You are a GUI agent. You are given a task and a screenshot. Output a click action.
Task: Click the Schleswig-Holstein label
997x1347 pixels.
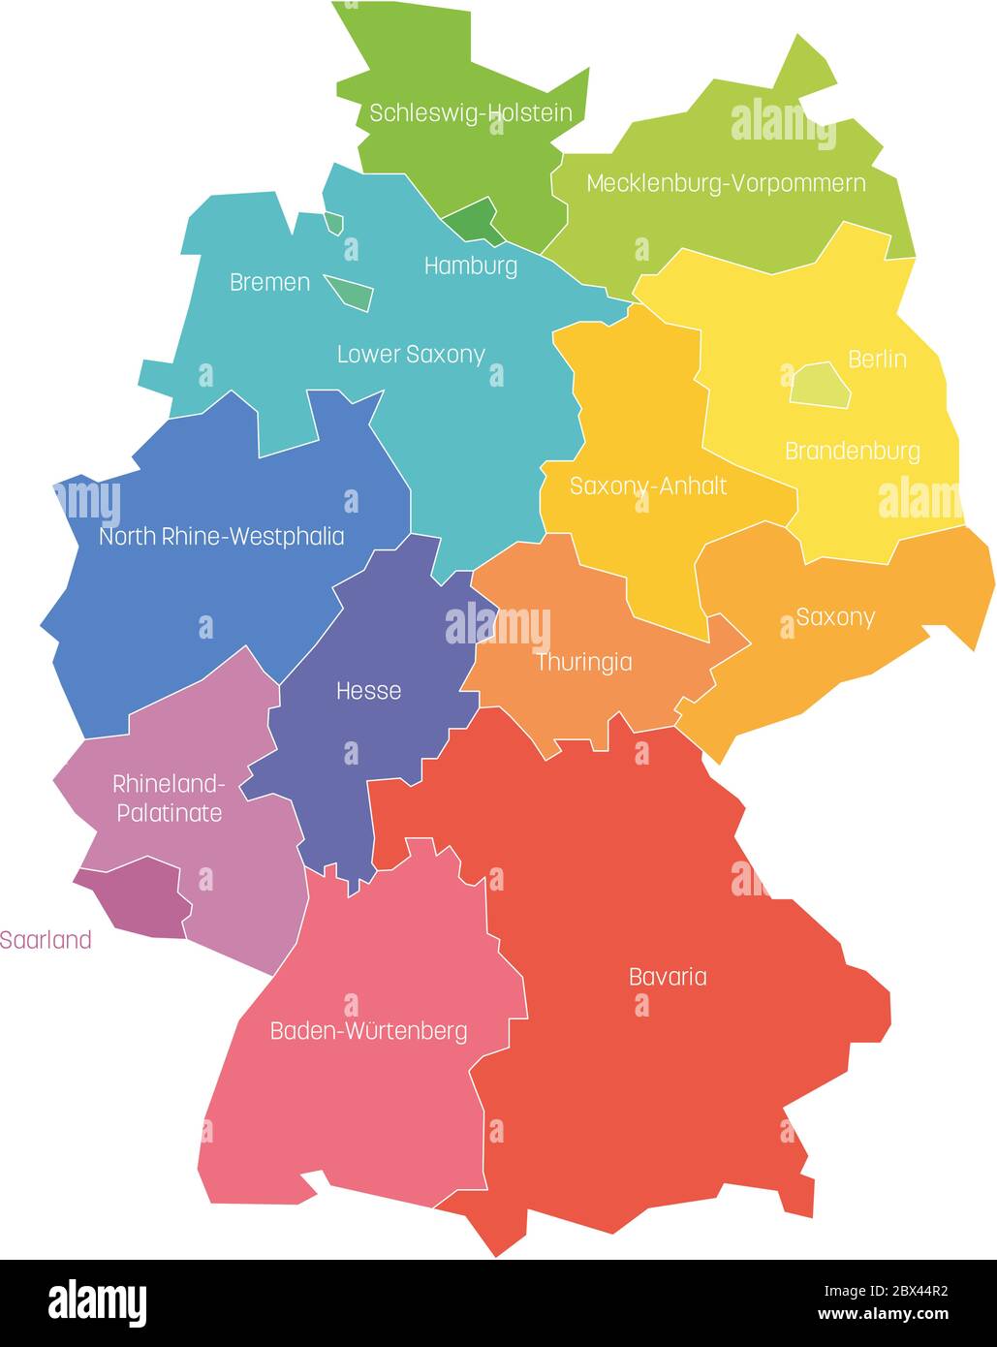coord(470,113)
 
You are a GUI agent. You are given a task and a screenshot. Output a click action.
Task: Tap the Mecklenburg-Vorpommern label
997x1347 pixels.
coord(726,183)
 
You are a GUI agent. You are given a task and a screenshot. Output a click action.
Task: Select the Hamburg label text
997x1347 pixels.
coord(471,266)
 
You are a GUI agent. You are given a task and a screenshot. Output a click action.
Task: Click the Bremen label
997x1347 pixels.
coord(269,282)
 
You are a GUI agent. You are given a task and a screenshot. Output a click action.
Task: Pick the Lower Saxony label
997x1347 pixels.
coord(411,355)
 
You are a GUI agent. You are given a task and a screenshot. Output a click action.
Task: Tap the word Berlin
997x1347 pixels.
coord(877,360)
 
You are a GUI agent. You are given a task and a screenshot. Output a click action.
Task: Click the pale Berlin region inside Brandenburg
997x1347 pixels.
coord(820,385)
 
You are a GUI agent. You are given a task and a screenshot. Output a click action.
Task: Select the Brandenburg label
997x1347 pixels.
coord(852,451)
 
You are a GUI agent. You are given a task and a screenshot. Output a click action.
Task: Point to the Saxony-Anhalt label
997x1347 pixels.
coord(647,486)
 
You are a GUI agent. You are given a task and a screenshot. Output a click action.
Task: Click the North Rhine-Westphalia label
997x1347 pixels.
coord(221,536)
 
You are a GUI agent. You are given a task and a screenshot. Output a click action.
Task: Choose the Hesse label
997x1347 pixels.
coord(368,691)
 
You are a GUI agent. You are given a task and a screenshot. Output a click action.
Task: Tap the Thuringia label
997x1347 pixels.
coord(583,663)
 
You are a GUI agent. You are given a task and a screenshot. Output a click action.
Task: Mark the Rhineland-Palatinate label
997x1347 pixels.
coord(170,798)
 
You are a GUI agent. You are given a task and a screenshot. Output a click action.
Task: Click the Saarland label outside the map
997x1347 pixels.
coord(46,940)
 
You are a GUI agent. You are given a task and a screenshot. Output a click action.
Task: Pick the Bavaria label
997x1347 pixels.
coord(668,977)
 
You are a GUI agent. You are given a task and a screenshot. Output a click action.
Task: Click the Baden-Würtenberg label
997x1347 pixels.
coord(368,1031)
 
